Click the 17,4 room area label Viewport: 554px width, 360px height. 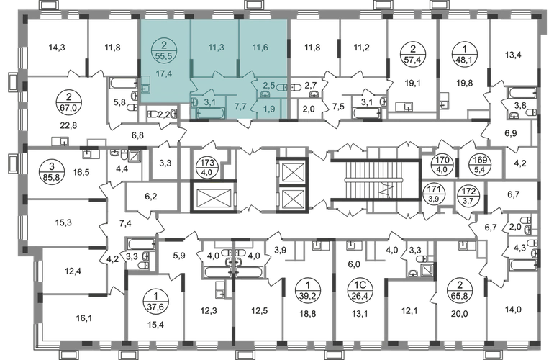(x=165, y=72)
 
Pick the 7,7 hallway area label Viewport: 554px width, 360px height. (x=240, y=106)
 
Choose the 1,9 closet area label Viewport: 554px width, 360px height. (x=269, y=109)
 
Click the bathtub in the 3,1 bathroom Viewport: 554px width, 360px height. (x=210, y=112)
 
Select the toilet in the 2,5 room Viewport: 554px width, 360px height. (x=283, y=87)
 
